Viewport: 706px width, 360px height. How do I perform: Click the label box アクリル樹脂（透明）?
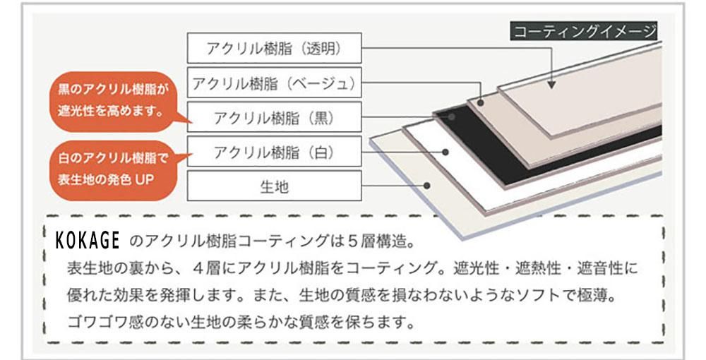pyautogui.click(x=274, y=48)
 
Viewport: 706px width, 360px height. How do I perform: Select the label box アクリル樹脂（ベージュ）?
pyautogui.click(x=274, y=83)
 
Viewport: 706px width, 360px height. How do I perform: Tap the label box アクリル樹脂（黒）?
pyautogui.click(x=274, y=117)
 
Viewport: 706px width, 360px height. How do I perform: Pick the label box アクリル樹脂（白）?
pyautogui.click(x=274, y=152)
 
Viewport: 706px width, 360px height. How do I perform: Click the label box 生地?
pyautogui.click(x=274, y=186)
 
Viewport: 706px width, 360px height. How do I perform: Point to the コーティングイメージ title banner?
pyautogui.click(x=584, y=31)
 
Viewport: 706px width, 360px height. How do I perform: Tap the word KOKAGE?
pyautogui.click(x=88, y=240)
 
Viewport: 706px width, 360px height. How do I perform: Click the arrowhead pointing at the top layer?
pyautogui.click(x=551, y=84)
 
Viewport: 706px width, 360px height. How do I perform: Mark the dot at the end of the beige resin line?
pyautogui.click(x=480, y=103)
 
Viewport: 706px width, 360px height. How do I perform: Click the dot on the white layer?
pyautogui.click(x=445, y=152)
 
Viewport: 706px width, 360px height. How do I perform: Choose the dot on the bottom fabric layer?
pyautogui.click(x=427, y=186)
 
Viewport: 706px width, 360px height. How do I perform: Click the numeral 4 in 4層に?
pyautogui.click(x=198, y=268)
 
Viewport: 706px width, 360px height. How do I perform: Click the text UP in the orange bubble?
pyautogui.click(x=145, y=179)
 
